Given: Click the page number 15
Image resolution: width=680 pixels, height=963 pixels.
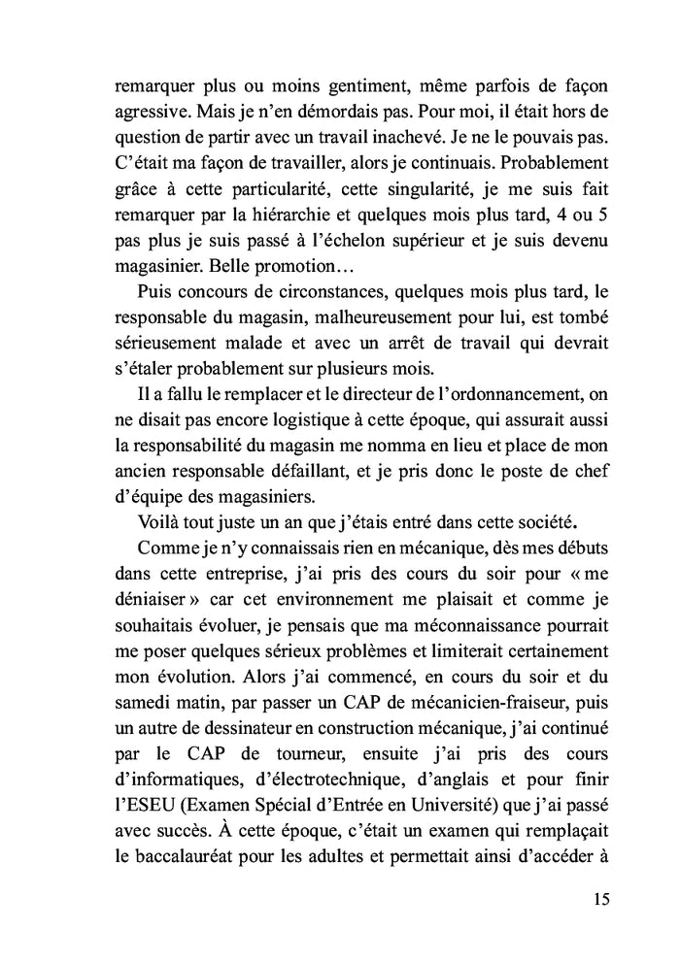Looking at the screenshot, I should [599, 898].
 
